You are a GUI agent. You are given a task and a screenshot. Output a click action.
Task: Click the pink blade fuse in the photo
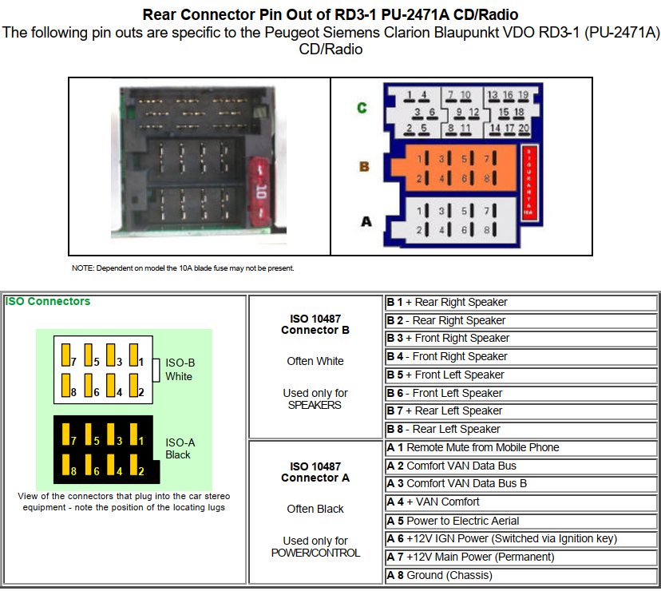click(x=259, y=192)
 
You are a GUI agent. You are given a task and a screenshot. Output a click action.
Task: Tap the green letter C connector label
click(x=362, y=107)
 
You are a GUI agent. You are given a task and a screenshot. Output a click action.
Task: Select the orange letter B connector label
click(x=364, y=167)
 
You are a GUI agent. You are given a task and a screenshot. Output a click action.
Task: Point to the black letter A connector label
click(x=366, y=220)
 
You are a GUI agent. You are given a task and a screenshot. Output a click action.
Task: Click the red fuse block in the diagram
click(x=528, y=180)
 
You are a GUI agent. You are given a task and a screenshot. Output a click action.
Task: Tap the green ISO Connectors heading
click(x=48, y=302)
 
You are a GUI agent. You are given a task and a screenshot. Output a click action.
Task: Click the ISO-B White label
click(x=179, y=369)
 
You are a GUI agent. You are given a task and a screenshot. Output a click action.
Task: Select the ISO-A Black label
click(x=179, y=448)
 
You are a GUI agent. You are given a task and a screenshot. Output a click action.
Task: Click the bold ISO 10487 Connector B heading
click(x=315, y=324)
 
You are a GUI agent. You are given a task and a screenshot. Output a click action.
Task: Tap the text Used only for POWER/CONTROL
click(x=315, y=546)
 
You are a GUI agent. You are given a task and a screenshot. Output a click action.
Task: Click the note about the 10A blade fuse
click(x=183, y=268)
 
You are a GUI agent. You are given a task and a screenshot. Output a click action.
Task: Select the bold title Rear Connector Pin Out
click(x=330, y=15)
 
